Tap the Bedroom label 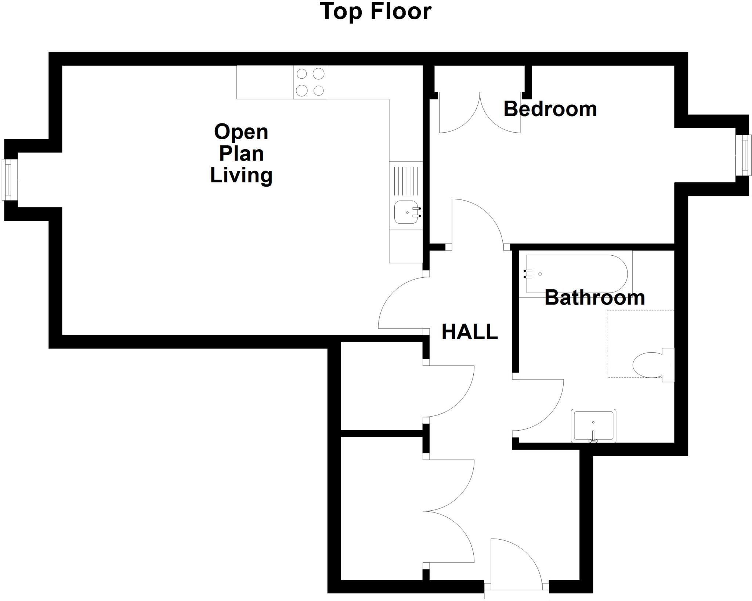click(550, 109)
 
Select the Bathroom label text click(594, 298)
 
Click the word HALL click(469, 332)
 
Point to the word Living click(241, 175)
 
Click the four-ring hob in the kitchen click(310, 82)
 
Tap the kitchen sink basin click(406, 212)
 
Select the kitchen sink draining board click(406, 181)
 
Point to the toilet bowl click(648, 365)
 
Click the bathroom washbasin click(593, 425)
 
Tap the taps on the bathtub click(528, 274)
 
